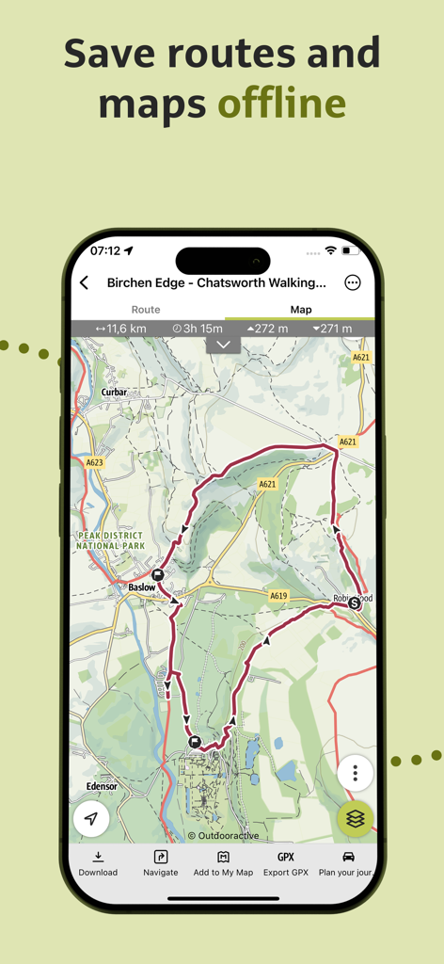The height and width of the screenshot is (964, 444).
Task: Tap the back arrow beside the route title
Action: coord(85,282)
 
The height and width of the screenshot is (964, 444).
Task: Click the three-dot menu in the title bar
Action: coord(353,282)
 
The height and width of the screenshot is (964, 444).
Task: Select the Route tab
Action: coord(146,310)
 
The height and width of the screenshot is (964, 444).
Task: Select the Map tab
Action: coord(301,310)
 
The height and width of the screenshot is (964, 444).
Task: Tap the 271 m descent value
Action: coord(332,329)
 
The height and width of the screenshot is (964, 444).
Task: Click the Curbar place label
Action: coord(114,392)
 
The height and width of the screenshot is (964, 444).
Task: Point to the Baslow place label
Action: coord(141,587)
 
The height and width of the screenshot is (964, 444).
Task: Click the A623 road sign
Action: coord(95,462)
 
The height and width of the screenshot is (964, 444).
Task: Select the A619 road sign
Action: coord(277,596)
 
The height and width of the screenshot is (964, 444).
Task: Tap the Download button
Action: coord(98,863)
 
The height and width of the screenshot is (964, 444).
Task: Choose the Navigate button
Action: coord(161,863)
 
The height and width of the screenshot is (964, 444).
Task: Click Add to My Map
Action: coord(223,863)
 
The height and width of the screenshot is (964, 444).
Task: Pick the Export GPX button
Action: coord(286,863)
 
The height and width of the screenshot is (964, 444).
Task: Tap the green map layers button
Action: coord(356,819)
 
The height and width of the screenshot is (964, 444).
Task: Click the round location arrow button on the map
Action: coord(91,819)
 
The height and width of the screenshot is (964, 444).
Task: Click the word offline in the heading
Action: coord(282,103)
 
